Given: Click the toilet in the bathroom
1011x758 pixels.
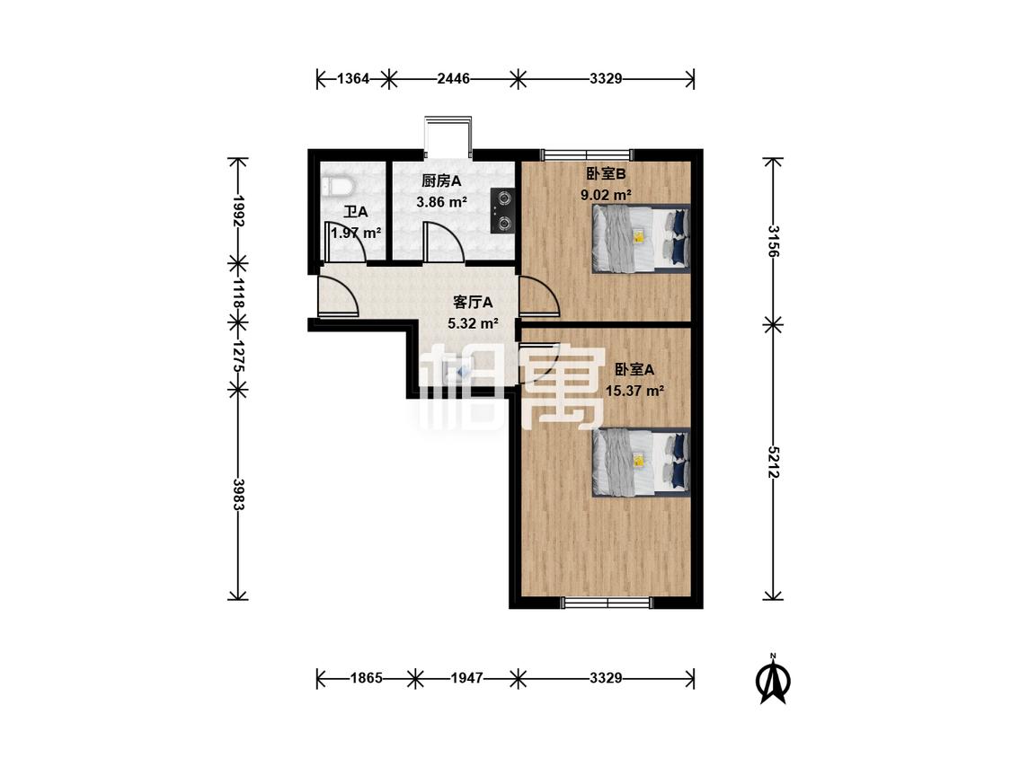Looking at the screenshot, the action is (337, 186).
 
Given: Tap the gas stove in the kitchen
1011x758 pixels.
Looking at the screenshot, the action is (502, 210).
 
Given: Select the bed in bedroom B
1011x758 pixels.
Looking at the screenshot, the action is (641, 239).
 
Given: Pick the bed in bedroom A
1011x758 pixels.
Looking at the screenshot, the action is (641, 463).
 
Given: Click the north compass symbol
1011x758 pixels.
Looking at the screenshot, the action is (773, 679).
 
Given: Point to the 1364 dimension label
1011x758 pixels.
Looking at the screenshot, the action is (353, 79).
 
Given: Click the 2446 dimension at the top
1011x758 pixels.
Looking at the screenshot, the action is (453, 79).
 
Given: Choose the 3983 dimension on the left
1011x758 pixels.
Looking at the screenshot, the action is (238, 494).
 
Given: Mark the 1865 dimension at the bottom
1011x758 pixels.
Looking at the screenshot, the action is (367, 678).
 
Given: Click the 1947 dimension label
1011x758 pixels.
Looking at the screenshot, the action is (466, 678).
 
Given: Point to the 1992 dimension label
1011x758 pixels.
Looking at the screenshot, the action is (238, 211).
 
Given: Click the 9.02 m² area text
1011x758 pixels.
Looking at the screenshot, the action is (606, 195).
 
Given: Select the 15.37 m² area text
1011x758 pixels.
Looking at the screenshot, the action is (634, 391).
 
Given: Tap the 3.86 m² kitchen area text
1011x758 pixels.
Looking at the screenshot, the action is (441, 202).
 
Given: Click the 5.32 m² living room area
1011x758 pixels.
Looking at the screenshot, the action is (473, 323).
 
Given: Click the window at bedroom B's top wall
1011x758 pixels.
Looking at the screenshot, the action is (588, 154).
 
